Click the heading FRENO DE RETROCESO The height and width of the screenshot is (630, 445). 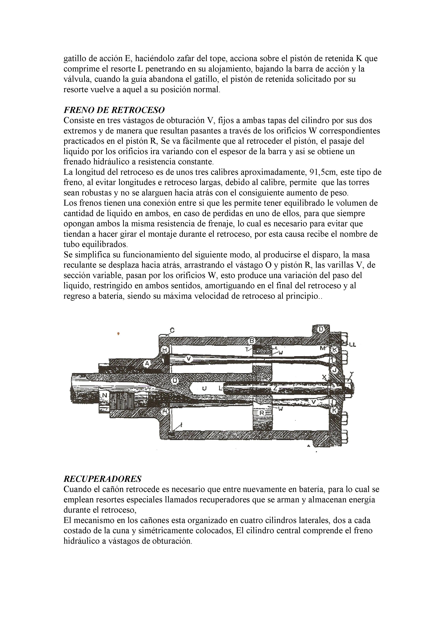click(x=114, y=110)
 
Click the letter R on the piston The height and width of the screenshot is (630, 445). click(x=262, y=413)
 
